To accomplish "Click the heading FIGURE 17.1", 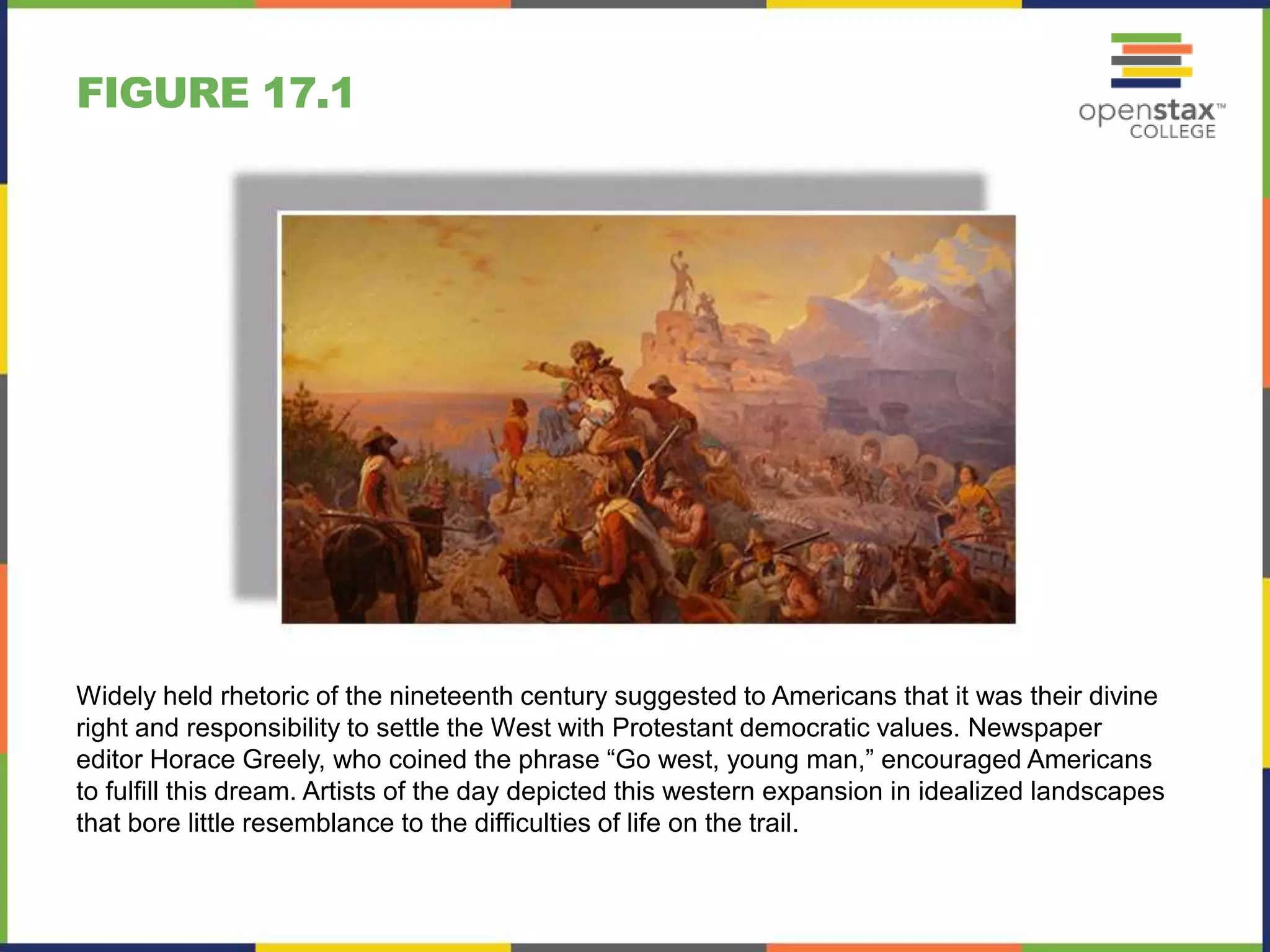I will coord(215,93).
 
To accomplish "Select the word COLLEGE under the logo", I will coord(1172,132).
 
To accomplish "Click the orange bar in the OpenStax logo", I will coord(1157,49).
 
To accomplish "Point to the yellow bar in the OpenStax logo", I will coord(1157,72).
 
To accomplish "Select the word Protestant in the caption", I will coord(672,728).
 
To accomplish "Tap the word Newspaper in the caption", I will coord(1034,728).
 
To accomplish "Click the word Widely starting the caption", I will coord(116,696).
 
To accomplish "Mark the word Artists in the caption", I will coord(340,791).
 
